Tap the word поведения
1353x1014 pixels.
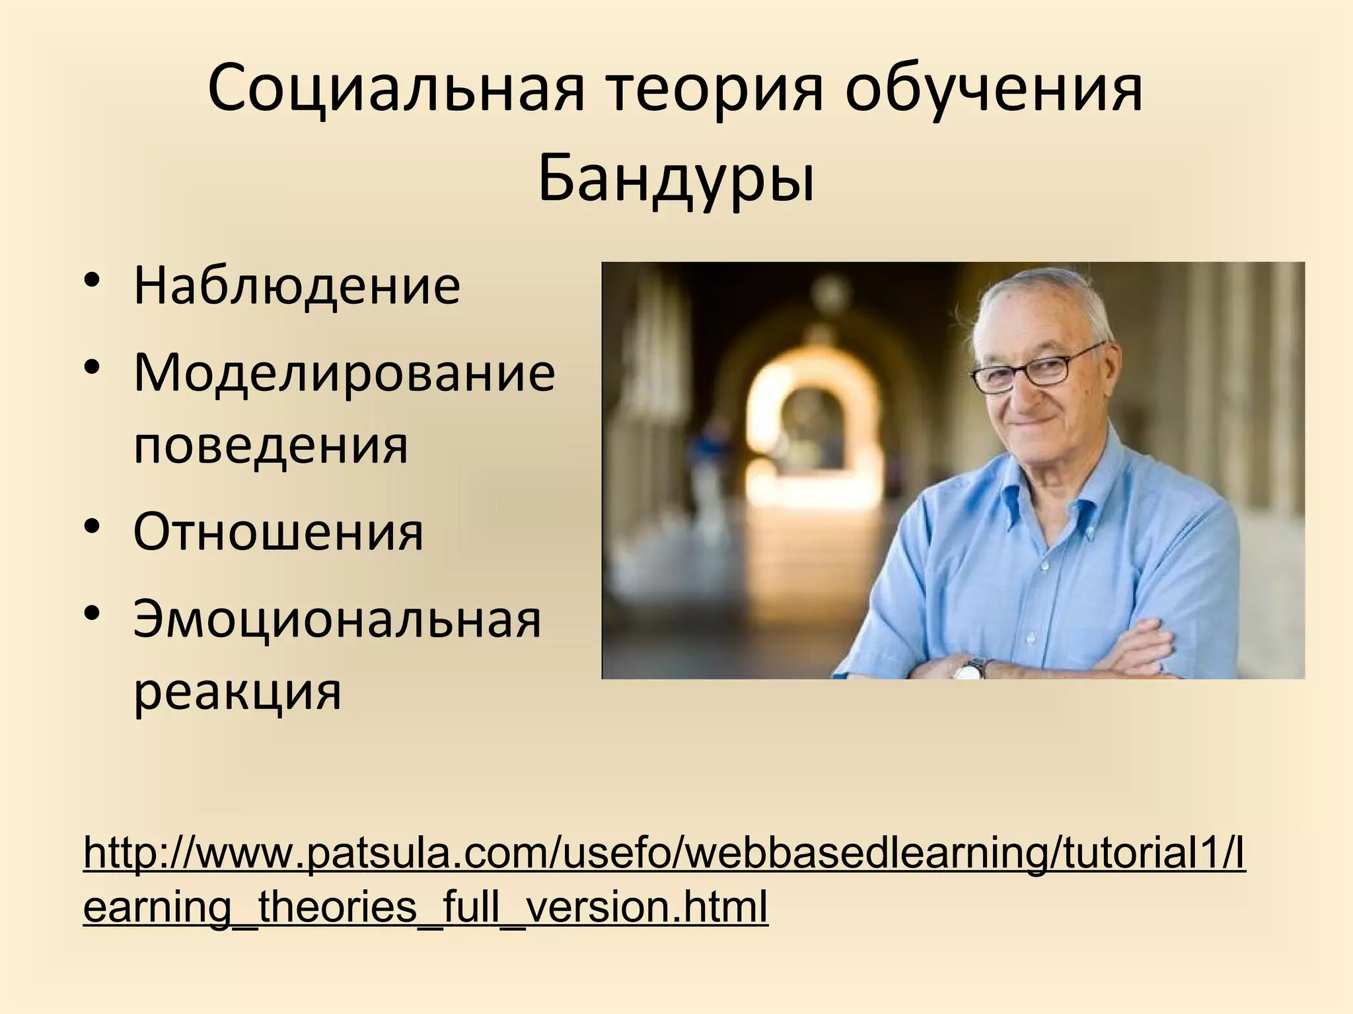pos(271,446)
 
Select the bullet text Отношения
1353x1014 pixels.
pos(278,532)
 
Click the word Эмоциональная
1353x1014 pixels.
pos(337,621)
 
